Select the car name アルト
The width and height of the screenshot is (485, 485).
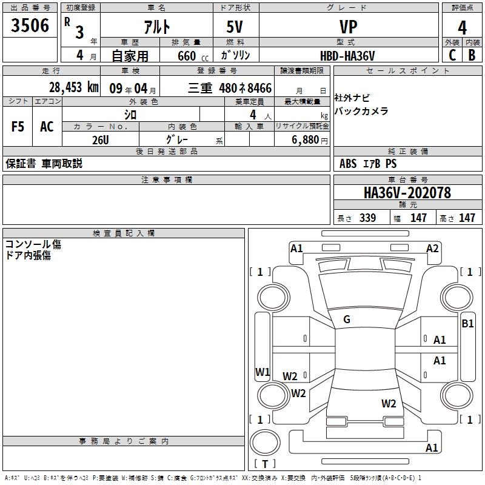(x=156, y=27)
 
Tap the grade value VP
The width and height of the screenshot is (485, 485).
(x=348, y=27)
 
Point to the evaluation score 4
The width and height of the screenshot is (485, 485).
(x=462, y=28)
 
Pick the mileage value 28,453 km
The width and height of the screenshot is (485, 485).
(x=73, y=87)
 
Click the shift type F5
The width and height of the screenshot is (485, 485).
(x=18, y=127)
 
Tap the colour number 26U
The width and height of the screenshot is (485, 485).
(x=100, y=140)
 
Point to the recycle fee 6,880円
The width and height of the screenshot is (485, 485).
(x=309, y=140)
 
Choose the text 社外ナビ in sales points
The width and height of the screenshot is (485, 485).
(x=352, y=98)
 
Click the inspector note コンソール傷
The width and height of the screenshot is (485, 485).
(x=33, y=244)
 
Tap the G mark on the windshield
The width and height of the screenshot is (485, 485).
(x=347, y=319)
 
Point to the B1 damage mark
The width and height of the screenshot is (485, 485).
(x=467, y=324)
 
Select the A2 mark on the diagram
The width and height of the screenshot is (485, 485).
(x=432, y=248)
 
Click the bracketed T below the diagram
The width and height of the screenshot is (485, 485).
(x=264, y=464)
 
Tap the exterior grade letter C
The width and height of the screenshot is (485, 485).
(x=452, y=55)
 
